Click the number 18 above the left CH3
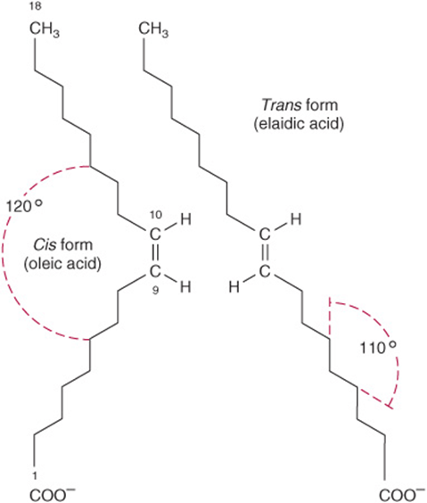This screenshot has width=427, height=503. [35, 6]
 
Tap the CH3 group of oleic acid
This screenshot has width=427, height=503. [45, 29]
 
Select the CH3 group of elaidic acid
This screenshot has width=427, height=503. [153, 29]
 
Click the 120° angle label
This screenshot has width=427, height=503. [24, 206]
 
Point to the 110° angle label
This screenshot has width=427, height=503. [378, 348]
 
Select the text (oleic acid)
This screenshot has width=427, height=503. [62, 264]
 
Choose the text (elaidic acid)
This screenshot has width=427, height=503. [299, 124]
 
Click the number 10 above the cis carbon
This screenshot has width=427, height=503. [156, 214]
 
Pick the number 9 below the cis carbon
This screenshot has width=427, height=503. [155, 291]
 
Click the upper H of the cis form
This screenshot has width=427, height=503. [185, 219]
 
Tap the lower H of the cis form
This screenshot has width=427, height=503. [185, 287]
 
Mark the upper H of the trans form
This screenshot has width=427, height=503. [295, 219]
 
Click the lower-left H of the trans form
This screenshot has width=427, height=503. [234, 287]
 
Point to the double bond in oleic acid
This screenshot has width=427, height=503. [155, 253]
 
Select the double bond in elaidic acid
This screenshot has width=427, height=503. [265, 253]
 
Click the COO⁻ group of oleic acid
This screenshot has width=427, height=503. [53, 495]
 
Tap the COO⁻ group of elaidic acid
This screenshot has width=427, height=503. [403, 495]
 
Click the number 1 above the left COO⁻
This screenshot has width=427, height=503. [35, 475]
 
